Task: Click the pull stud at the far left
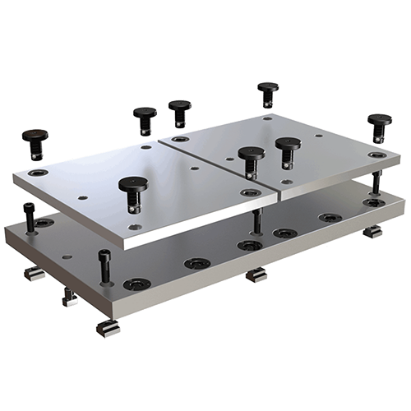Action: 35,142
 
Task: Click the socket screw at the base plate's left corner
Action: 30,218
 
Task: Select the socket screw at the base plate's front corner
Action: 105,268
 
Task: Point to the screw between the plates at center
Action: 257,220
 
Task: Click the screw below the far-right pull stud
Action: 376,183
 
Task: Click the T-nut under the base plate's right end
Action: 372,232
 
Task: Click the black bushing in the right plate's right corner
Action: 376,155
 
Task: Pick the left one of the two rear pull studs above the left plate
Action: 145,118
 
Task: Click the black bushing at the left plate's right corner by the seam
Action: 251,192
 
